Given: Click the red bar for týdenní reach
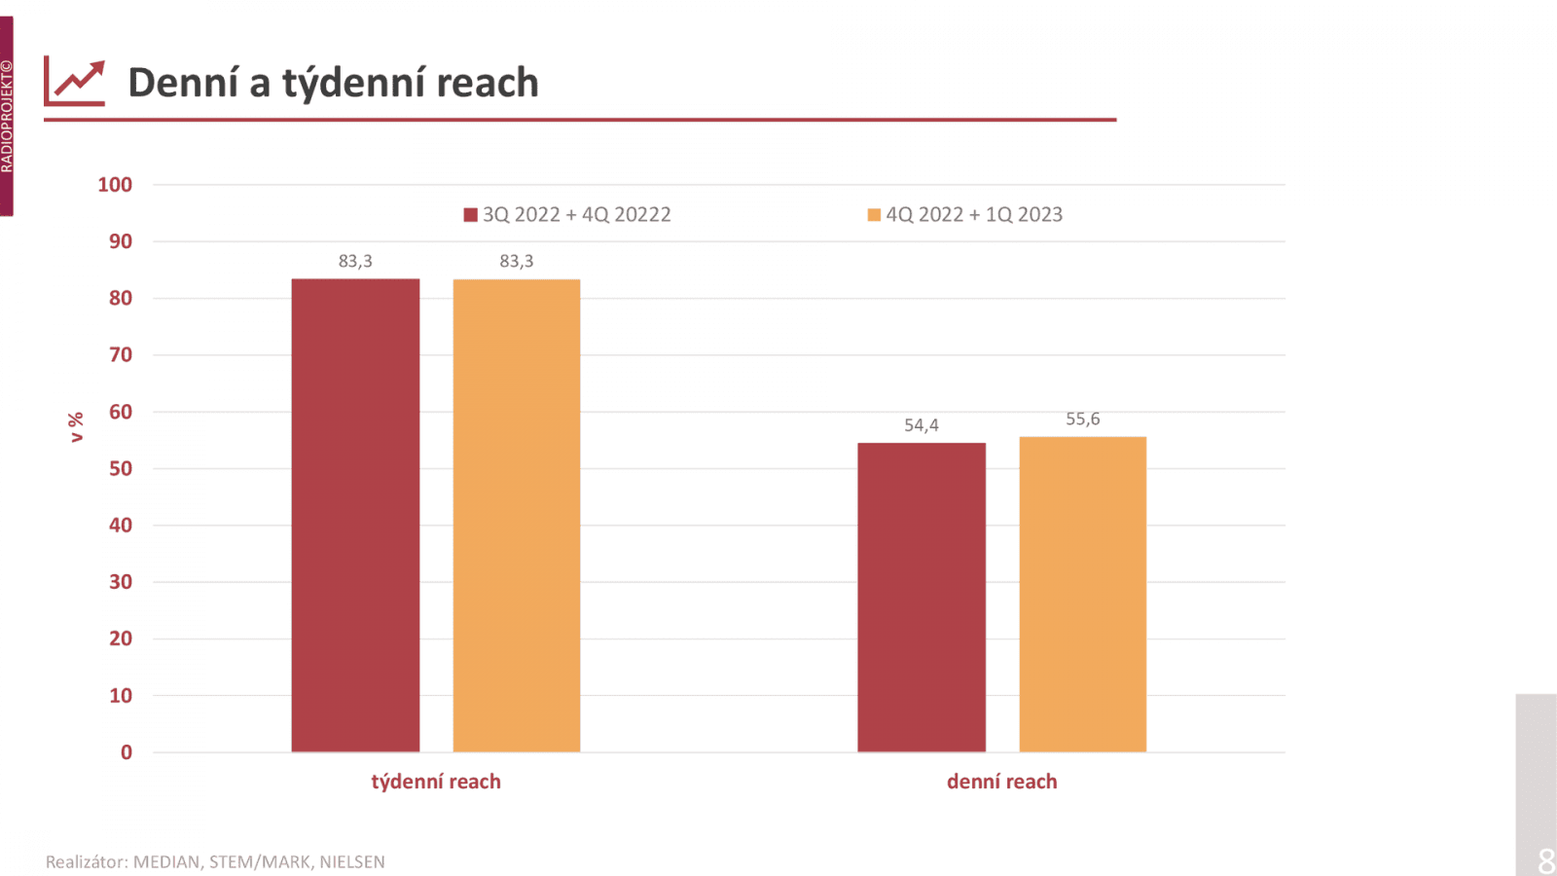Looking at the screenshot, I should tap(355, 516).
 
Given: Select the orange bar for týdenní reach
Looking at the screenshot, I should tap(517, 516).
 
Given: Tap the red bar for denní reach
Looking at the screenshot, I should tap(922, 598).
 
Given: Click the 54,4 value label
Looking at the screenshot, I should tap(922, 425).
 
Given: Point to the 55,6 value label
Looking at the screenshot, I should tap(1083, 420).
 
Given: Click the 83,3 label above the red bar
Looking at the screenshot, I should tap(355, 261).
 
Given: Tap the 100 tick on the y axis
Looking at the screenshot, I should tap(115, 185).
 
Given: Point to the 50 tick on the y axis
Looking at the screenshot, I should tap(120, 468).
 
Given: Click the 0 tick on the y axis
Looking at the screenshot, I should tap(126, 752).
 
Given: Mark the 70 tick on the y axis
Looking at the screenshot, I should tap(120, 355).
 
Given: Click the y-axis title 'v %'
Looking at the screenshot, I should tap(76, 427).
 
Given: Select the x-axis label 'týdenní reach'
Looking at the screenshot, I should tap(436, 782).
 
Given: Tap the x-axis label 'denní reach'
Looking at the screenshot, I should tap(1001, 782).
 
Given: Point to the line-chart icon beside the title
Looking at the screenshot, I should tap(75, 82).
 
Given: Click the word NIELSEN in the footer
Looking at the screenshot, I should tap(352, 862).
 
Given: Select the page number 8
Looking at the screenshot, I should tap(1546, 860).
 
